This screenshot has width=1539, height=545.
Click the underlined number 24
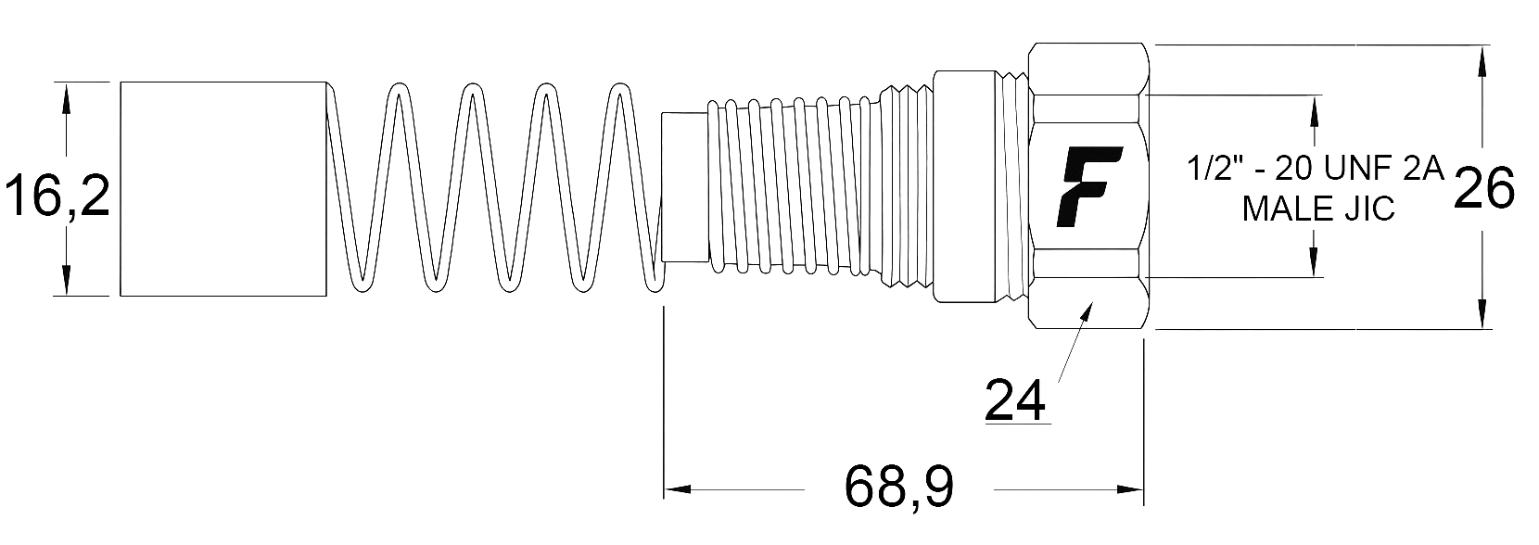[x=1015, y=399]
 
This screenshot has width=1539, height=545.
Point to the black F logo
[x=1091, y=185]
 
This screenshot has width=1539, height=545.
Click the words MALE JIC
[x=1318, y=209]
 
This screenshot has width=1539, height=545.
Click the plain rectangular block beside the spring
[x=223, y=188]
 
